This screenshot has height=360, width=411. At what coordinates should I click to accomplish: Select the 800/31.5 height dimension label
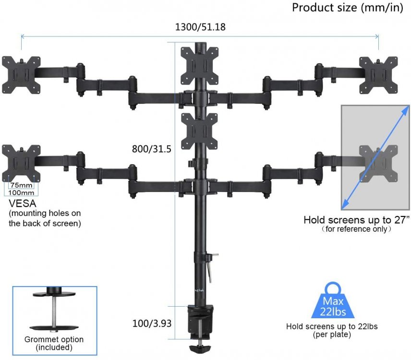tap(152, 149)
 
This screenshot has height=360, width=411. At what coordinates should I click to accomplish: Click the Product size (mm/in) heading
tap(347, 8)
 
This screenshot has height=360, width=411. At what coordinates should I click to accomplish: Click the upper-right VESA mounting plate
tap(379, 74)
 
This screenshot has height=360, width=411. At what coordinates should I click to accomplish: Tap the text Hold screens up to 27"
tap(356, 220)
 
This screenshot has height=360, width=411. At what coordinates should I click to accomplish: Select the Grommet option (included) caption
tap(54, 343)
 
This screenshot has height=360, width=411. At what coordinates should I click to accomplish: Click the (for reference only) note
tap(357, 230)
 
